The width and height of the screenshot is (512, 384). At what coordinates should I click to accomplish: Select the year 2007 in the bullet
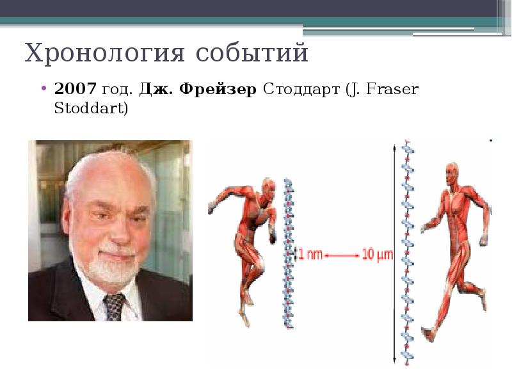click(76, 89)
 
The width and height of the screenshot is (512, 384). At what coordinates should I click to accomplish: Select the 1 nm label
click(310, 255)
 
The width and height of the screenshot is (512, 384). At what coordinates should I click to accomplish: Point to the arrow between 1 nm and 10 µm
click(343, 255)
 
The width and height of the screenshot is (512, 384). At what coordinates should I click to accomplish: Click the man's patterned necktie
click(115, 306)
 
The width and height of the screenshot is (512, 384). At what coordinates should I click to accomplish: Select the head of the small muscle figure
click(268, 188)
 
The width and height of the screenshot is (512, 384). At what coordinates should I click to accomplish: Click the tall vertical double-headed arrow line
click(392, 256)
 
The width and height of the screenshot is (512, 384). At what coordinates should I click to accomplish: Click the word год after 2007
click(115, 89)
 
